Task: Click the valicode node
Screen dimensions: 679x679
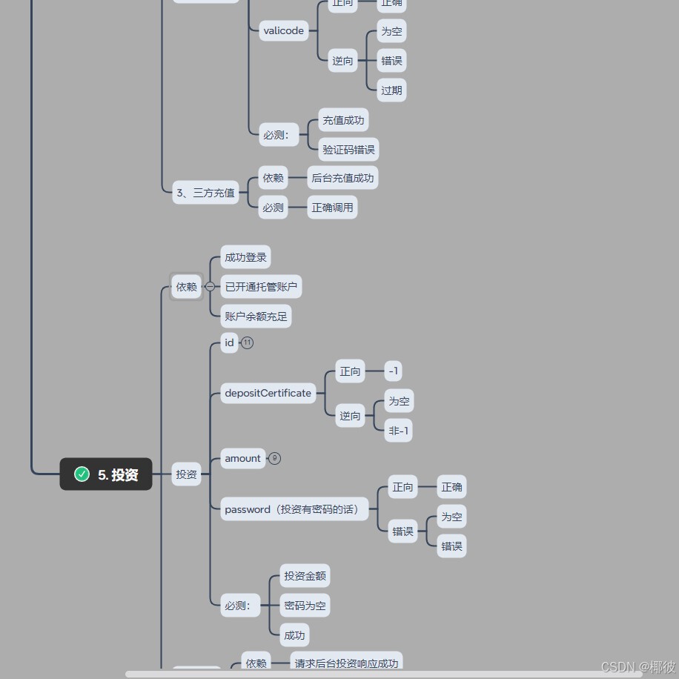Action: tap(284, 31)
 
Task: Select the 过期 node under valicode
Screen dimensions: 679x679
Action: tap(391, 90)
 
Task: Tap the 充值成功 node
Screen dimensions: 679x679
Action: tap(343, 120)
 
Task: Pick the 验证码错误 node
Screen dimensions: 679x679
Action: tap(348, 150)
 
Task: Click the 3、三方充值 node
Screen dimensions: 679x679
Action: tap(205, 193)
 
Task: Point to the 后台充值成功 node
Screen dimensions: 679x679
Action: tap(342, 178)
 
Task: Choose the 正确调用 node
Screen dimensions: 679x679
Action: tap(332, 208)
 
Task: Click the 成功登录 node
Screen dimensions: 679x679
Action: tap(245, 257)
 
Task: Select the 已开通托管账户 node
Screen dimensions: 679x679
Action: tap(261, 287)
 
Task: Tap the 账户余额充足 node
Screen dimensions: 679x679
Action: tap(256, 317)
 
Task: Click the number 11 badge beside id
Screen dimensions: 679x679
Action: tap(248, 342)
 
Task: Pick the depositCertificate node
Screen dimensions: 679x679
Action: tap(268, 393)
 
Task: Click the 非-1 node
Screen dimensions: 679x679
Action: tap(399, 431)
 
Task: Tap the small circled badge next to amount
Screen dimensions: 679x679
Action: tap(274, 458)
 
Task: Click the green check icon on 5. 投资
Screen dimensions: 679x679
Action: tap(82, 474)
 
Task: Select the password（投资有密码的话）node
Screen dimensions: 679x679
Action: tap(294, 509)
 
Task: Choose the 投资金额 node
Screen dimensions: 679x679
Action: tap(305, 576)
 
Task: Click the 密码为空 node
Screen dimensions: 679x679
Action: tap(305, 606)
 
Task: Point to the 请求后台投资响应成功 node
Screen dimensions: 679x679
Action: tap(346, 663)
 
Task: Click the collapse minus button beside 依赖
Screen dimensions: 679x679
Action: tap(211, 286)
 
